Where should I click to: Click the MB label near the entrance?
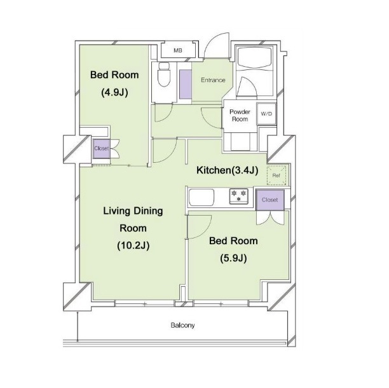(x=177, y=51)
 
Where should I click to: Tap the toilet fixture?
(x=164, y=74)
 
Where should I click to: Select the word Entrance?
(x=213, y=80)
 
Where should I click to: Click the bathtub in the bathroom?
(x=254, y=57)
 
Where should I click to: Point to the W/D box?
(x=266, y=114)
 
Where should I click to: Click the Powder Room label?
(x=240, y=115)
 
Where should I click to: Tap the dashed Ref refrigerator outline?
(x=276, y=176)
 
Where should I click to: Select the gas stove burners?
(x=238, y=196)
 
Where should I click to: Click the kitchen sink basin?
(x=201, y=197)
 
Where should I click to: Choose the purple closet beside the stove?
(x=270, y=200)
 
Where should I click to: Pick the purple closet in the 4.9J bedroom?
(x=101, y=148)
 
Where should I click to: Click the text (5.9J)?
(x=233, y=259)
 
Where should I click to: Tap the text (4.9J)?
(x=114, y=93)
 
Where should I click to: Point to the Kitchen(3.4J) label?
(x=228, y=170)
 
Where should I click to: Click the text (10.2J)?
(x=133, y=246)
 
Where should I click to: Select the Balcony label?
(x=182, y=325)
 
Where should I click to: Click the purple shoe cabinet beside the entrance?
(x=186, y=84)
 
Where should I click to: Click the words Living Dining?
(x=133, y=211)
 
